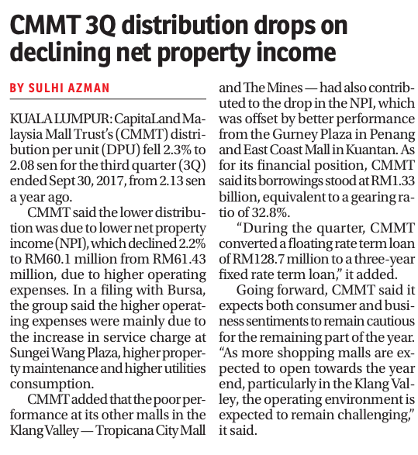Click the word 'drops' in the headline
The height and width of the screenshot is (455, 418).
(x=284, y=26)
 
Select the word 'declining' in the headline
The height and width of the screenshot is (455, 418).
(x=60, y=52)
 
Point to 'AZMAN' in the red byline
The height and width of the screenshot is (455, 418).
(x=88, y=88)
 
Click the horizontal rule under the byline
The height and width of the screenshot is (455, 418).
(x=108, y=99)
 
